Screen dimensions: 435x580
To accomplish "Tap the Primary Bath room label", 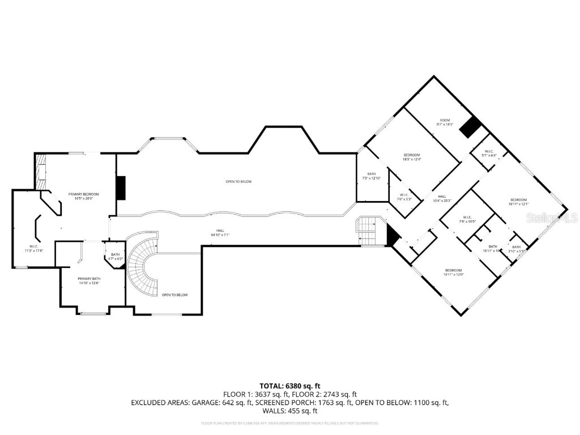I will click(x=88, y=281).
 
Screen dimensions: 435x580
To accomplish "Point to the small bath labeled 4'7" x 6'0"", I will click(x=115, y=257).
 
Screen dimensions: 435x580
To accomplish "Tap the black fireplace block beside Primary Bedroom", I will click(x=120, y=188).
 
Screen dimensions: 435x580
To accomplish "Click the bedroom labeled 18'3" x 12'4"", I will click(x=412, y=157).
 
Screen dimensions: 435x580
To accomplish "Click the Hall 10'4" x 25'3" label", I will click(x=442, y=198).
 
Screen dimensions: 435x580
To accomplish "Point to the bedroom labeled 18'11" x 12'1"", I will click(x=518, y=202).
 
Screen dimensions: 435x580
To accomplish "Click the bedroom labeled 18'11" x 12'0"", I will click(x=453, y=272).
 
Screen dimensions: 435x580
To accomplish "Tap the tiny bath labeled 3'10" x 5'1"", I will click(x=516, y=249).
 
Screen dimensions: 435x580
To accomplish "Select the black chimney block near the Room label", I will click(x=470, y=127).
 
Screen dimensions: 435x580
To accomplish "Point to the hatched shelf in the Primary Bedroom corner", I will click(x=40, y=173).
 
